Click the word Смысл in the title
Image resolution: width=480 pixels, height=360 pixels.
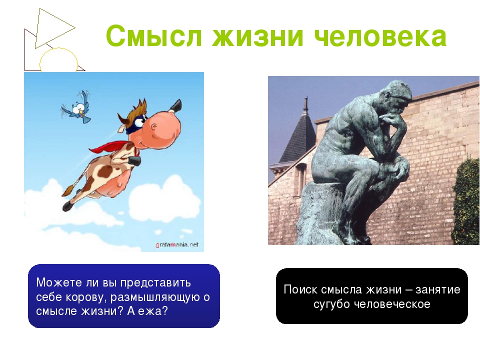point(154,36)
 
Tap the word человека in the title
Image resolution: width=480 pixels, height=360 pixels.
point(380,36)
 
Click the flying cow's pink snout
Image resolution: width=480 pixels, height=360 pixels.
point(164,128)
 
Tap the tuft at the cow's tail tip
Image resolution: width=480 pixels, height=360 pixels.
point(68,190)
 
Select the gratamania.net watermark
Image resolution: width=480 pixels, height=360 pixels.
point(177,245)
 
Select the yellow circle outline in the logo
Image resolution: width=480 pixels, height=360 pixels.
point(58,49)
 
